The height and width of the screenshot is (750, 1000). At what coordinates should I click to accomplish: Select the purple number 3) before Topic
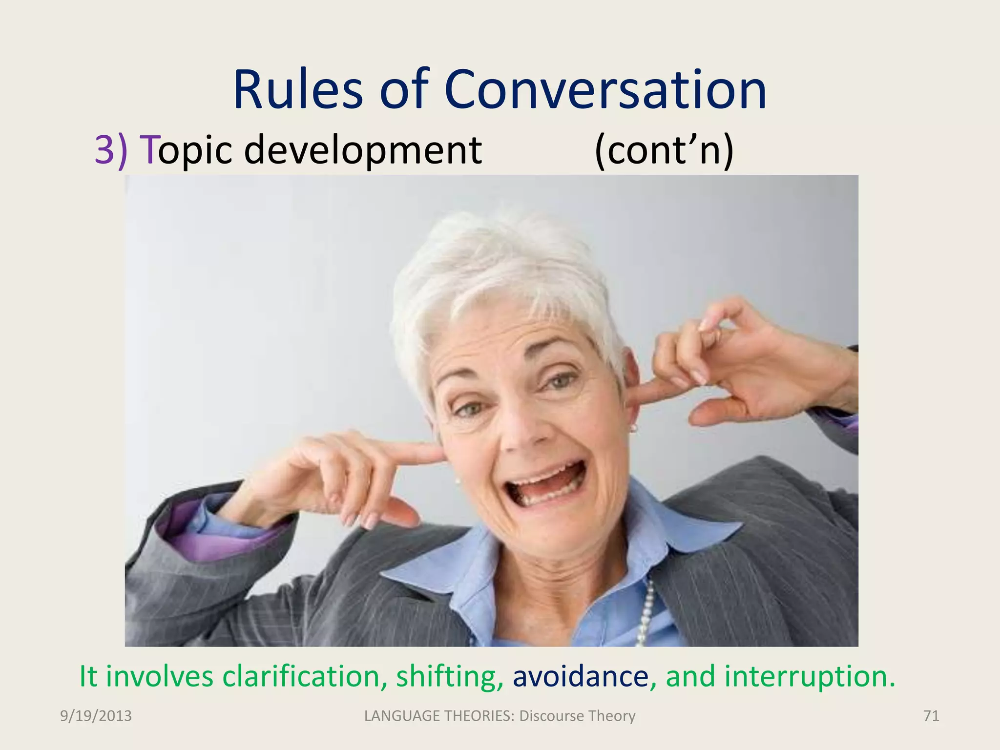tap(111, 150)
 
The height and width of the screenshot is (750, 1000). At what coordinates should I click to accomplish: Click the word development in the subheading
tap(363, 150)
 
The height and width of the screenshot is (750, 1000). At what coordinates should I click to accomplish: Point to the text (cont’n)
tap(664, 150)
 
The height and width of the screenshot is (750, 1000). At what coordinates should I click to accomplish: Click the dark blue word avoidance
tap(581, 676)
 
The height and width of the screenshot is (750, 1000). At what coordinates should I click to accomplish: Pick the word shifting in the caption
tap(449, 676)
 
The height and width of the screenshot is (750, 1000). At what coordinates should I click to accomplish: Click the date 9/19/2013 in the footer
tap(96, 716)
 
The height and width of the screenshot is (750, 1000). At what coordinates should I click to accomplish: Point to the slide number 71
tap(931, 716)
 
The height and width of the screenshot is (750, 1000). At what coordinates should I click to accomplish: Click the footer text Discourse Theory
tap(577, 716)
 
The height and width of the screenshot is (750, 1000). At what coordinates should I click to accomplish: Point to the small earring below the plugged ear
tap(634, 428)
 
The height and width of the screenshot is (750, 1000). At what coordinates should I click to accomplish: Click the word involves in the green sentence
tap(159, 676)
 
